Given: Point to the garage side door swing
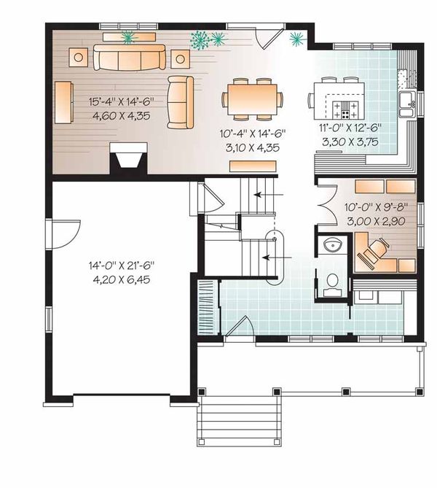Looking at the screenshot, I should [63, 233].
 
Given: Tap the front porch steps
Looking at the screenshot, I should [240, 419].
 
